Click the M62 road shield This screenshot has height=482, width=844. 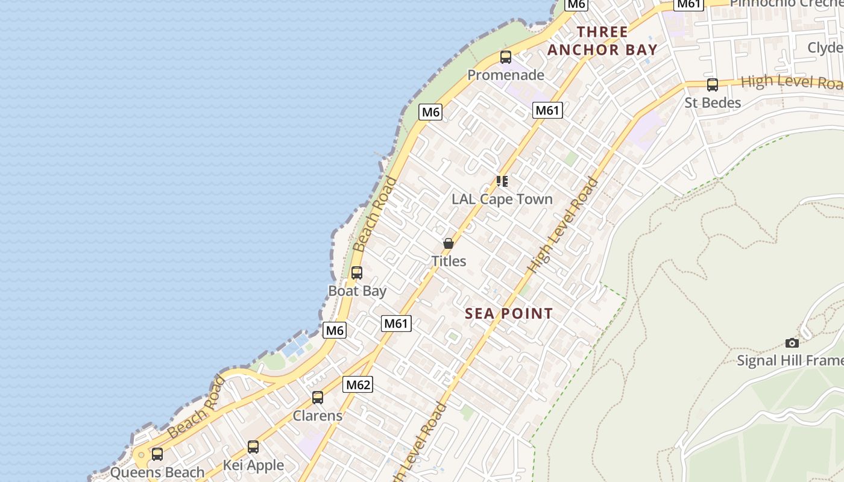pos(357,384)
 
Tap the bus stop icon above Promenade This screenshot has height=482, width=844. pos(506,57)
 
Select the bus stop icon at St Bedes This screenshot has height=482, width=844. pos(713,85)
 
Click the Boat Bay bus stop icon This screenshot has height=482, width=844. pos(357,273)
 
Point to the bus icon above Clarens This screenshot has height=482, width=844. pos(318,398)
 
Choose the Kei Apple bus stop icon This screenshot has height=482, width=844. pos(253,447)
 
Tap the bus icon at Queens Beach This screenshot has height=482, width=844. pos(157,454)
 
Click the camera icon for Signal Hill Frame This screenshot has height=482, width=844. pos(792,343)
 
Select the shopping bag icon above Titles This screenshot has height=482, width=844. pos(449,243)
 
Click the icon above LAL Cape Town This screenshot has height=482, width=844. pos(502,181)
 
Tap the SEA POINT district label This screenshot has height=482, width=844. pos(509,313)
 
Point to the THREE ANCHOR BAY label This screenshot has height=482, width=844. pos(602,41)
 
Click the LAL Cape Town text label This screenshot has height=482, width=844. pos(502,199)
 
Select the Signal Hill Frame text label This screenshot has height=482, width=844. pos(790,361)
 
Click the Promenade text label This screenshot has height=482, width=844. pos(506,75)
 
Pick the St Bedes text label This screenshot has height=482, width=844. pos(713,103)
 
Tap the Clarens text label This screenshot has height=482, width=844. pos(318,416)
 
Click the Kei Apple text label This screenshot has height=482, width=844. pos(253,465)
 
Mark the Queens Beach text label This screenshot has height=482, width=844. pos(157,472)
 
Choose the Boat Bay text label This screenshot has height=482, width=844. pos(357,291)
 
